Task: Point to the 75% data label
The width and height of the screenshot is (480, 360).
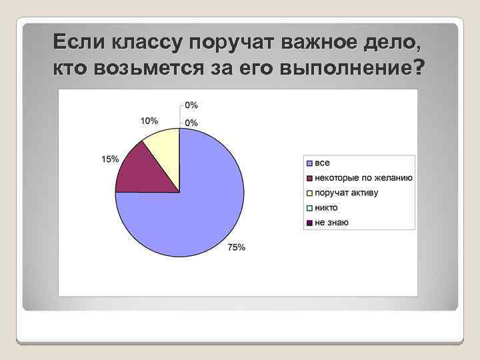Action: [237, 247]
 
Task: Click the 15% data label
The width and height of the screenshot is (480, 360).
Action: [110, 159]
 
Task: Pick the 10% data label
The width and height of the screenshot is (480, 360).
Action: [149, 121]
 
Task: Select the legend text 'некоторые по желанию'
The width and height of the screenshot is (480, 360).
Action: [364, 178]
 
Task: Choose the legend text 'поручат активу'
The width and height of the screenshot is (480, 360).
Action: [347, 193]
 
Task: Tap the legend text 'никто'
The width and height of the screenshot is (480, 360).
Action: [327, 207]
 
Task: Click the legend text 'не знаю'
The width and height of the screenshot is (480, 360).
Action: [331, 222]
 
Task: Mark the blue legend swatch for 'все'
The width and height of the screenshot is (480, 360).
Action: [310, 163]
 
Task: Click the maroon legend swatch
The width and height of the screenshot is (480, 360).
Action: [310, 178]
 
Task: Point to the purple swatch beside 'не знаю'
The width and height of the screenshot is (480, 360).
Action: [310, 222]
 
